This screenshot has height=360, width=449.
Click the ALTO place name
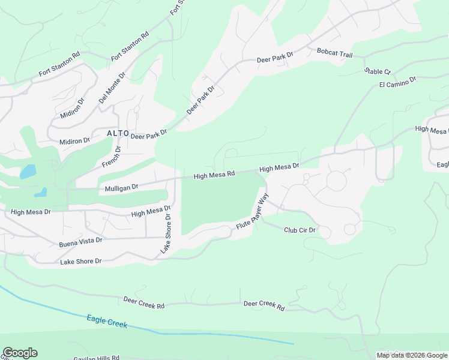[118, 133]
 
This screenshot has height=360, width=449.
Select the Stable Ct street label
[377, 71]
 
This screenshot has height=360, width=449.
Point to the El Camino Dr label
[397, 82]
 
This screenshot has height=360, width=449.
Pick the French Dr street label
[110, 157]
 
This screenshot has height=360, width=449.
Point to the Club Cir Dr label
[300, 230]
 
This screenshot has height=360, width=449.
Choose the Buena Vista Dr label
[80, 242]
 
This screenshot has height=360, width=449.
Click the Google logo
[20, 353]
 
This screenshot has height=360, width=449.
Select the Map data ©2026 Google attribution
[412, 355]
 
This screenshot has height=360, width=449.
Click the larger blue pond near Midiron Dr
[28, 172]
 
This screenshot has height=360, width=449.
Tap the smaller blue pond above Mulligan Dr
[41, 193]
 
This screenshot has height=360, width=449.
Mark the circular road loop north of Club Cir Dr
[336, 180]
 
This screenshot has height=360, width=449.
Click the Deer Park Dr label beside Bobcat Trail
[274, 58]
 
